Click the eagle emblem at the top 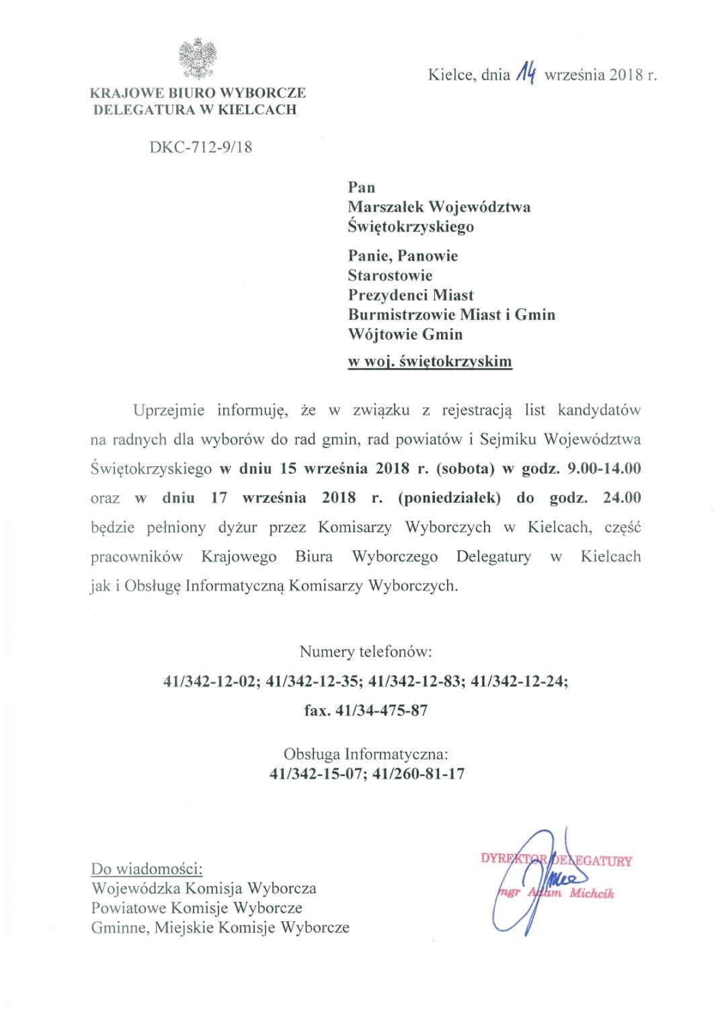198,59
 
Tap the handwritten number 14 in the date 526,73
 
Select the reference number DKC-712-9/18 201,146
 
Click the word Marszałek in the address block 385,207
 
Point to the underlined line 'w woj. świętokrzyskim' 430,362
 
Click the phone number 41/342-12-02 210,681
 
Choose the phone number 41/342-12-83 415,681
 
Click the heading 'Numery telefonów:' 366,652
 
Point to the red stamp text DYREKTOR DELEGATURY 556,860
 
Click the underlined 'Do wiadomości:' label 147,869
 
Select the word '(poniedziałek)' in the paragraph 449,498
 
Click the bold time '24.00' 622,498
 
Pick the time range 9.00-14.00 604,468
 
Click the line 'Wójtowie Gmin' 405,334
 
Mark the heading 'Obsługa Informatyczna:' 366,754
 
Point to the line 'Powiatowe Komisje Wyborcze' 197,908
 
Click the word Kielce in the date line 450,75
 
